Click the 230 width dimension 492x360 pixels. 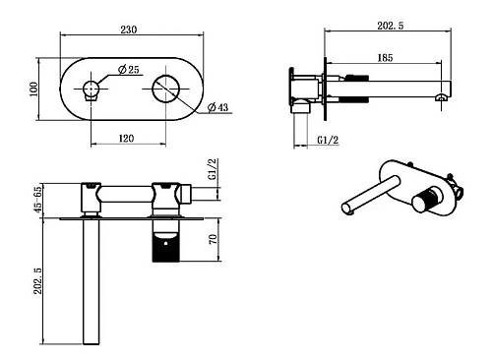click(x=129, y=30)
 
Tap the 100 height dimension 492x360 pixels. click(x=33, y=89)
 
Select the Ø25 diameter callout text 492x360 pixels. click(x=129, y=70)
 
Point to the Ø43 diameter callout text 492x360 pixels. click(x=218, y=107)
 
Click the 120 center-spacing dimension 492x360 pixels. click(x=126, y=138)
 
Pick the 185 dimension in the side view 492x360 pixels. click(x=385, y=58)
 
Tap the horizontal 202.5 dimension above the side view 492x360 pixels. click(x=391, y=26)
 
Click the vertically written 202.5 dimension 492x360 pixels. click(x=38, y=280)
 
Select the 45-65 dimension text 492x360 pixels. click(x=38, y=199)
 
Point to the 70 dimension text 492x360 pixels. click(x=213, y=239)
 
